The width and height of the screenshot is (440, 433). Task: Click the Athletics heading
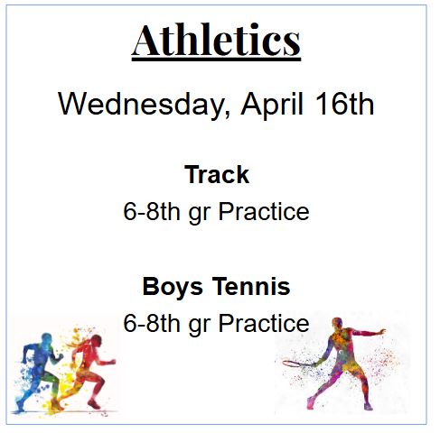tap(216, 41)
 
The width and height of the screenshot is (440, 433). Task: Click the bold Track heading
tap(216, 174)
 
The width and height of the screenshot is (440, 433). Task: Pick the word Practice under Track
tap(263, 212)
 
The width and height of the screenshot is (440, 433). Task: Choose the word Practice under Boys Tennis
tap(263, 323)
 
